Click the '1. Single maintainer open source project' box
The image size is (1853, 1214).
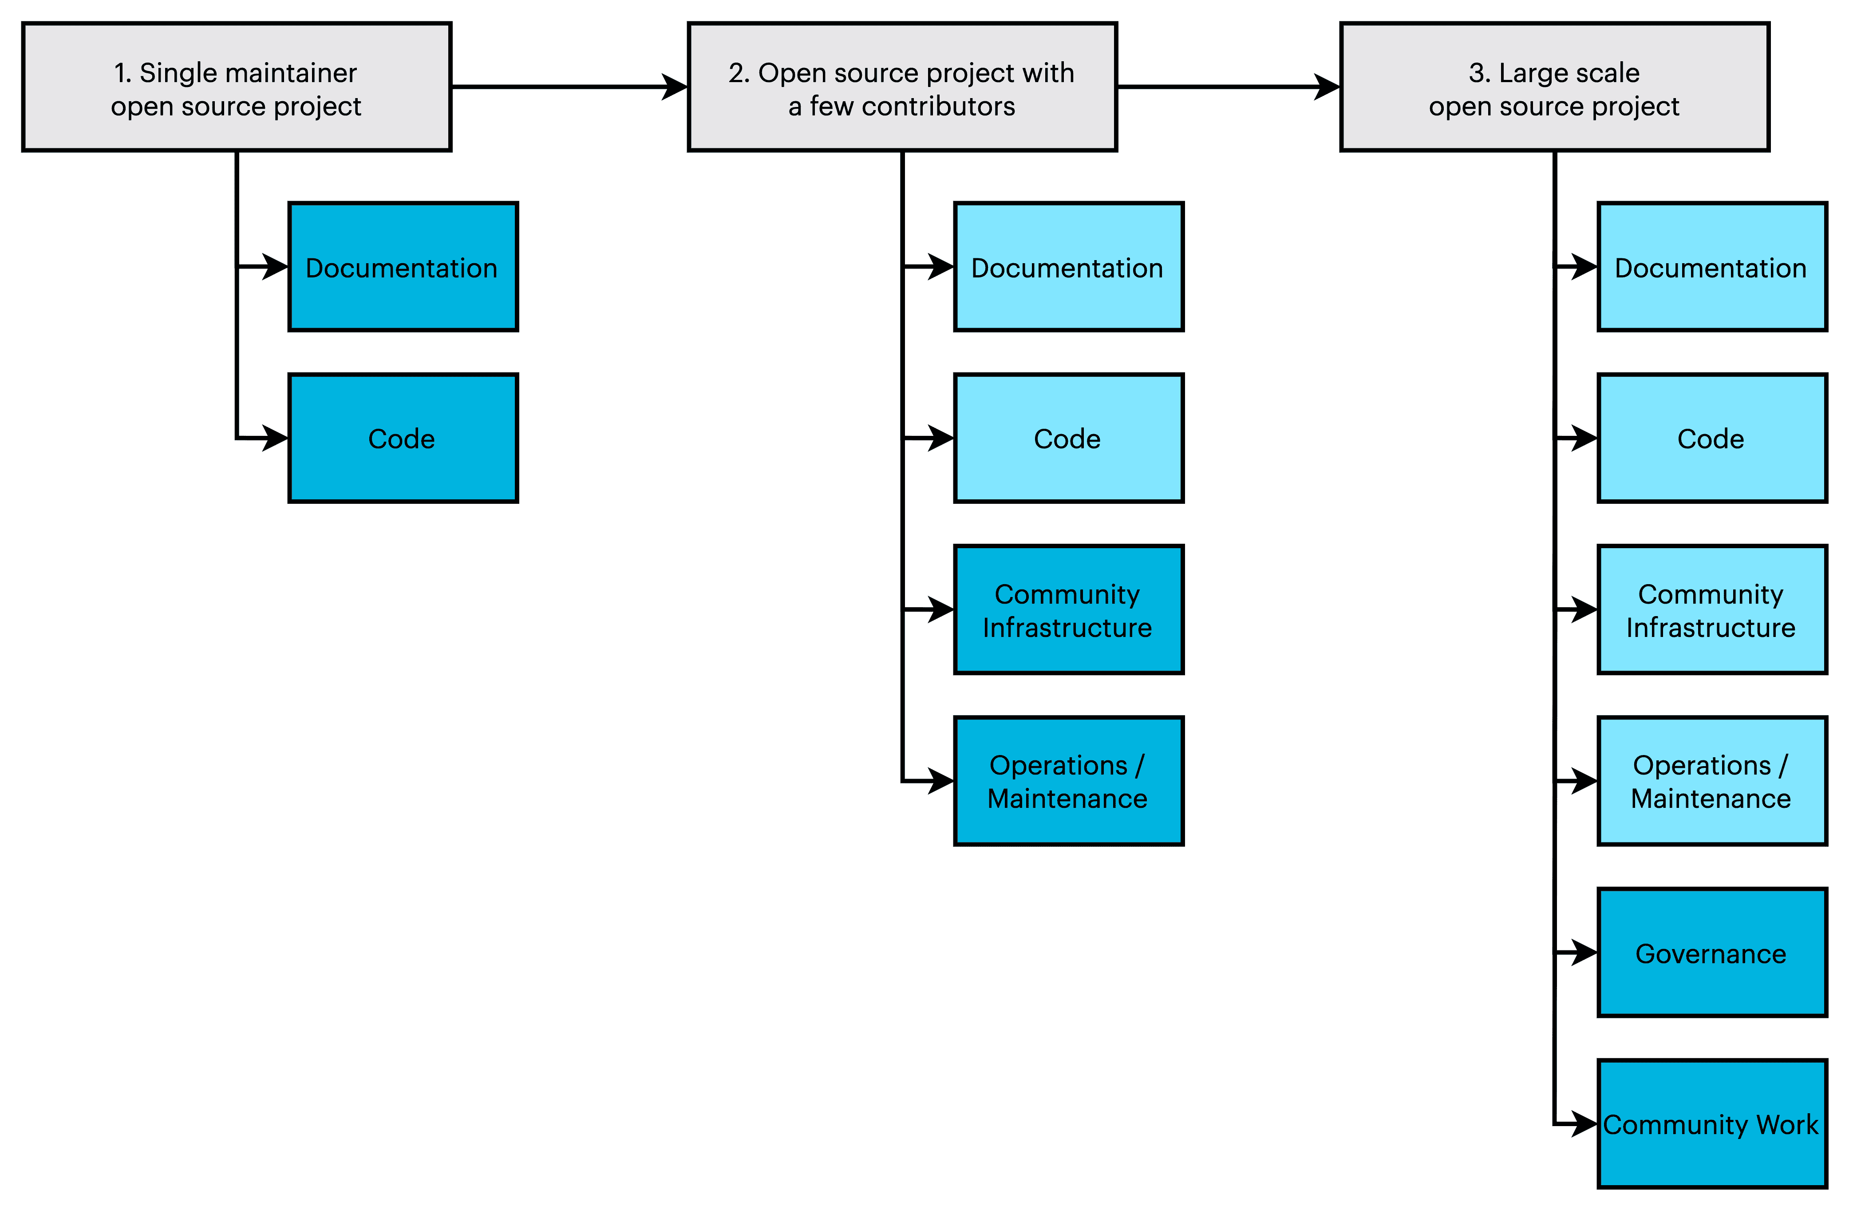(236, 87)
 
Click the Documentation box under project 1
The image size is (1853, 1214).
(403, 267)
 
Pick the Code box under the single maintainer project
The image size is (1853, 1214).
(403, 439)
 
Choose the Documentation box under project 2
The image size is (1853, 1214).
(1068, 267)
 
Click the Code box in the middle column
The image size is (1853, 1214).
(1068, 439)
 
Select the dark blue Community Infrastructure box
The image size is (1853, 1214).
(1068, 610)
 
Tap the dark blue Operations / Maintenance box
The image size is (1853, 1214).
(1068, 781)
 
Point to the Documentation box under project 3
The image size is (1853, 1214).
(1711, 267)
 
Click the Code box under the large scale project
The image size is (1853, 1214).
(1711, 439)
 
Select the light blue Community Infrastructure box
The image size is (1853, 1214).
(1711, 610)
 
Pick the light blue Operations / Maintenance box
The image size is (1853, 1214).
(1711, 781)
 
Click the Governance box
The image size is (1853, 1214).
(1711, 953)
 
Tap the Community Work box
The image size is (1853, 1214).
(1711, 1123)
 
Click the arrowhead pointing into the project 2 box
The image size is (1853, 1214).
(674, 87)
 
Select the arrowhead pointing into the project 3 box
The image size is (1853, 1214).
(1327, 87)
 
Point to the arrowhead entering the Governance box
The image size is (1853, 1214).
(1584, 953)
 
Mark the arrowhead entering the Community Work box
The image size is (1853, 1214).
(1584, 1123)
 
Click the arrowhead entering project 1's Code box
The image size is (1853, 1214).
(275, 439)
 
